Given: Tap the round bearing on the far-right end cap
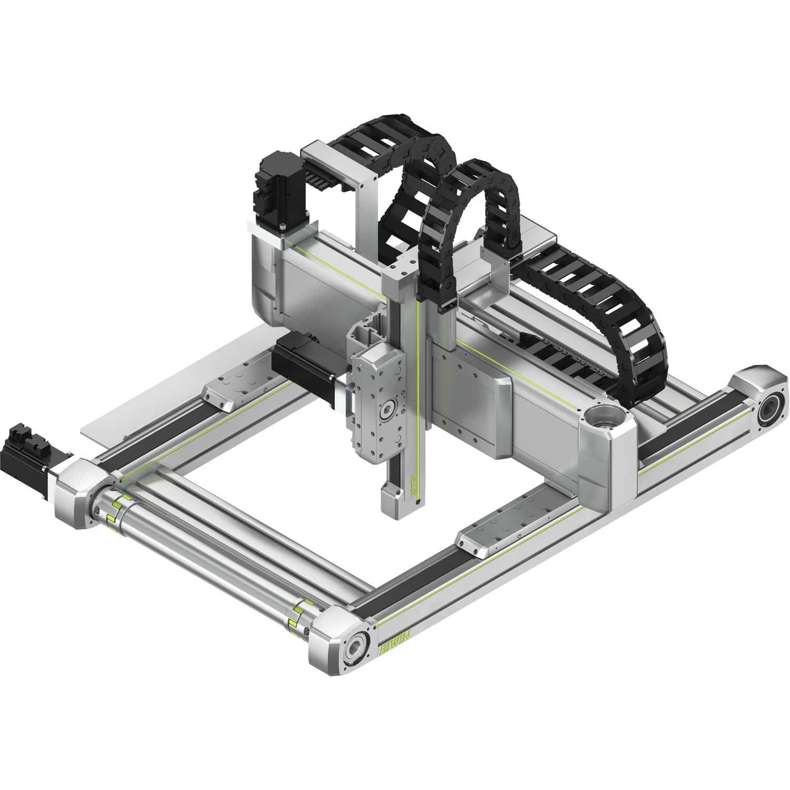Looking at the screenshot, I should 770,408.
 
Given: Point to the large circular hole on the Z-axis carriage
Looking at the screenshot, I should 389,407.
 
